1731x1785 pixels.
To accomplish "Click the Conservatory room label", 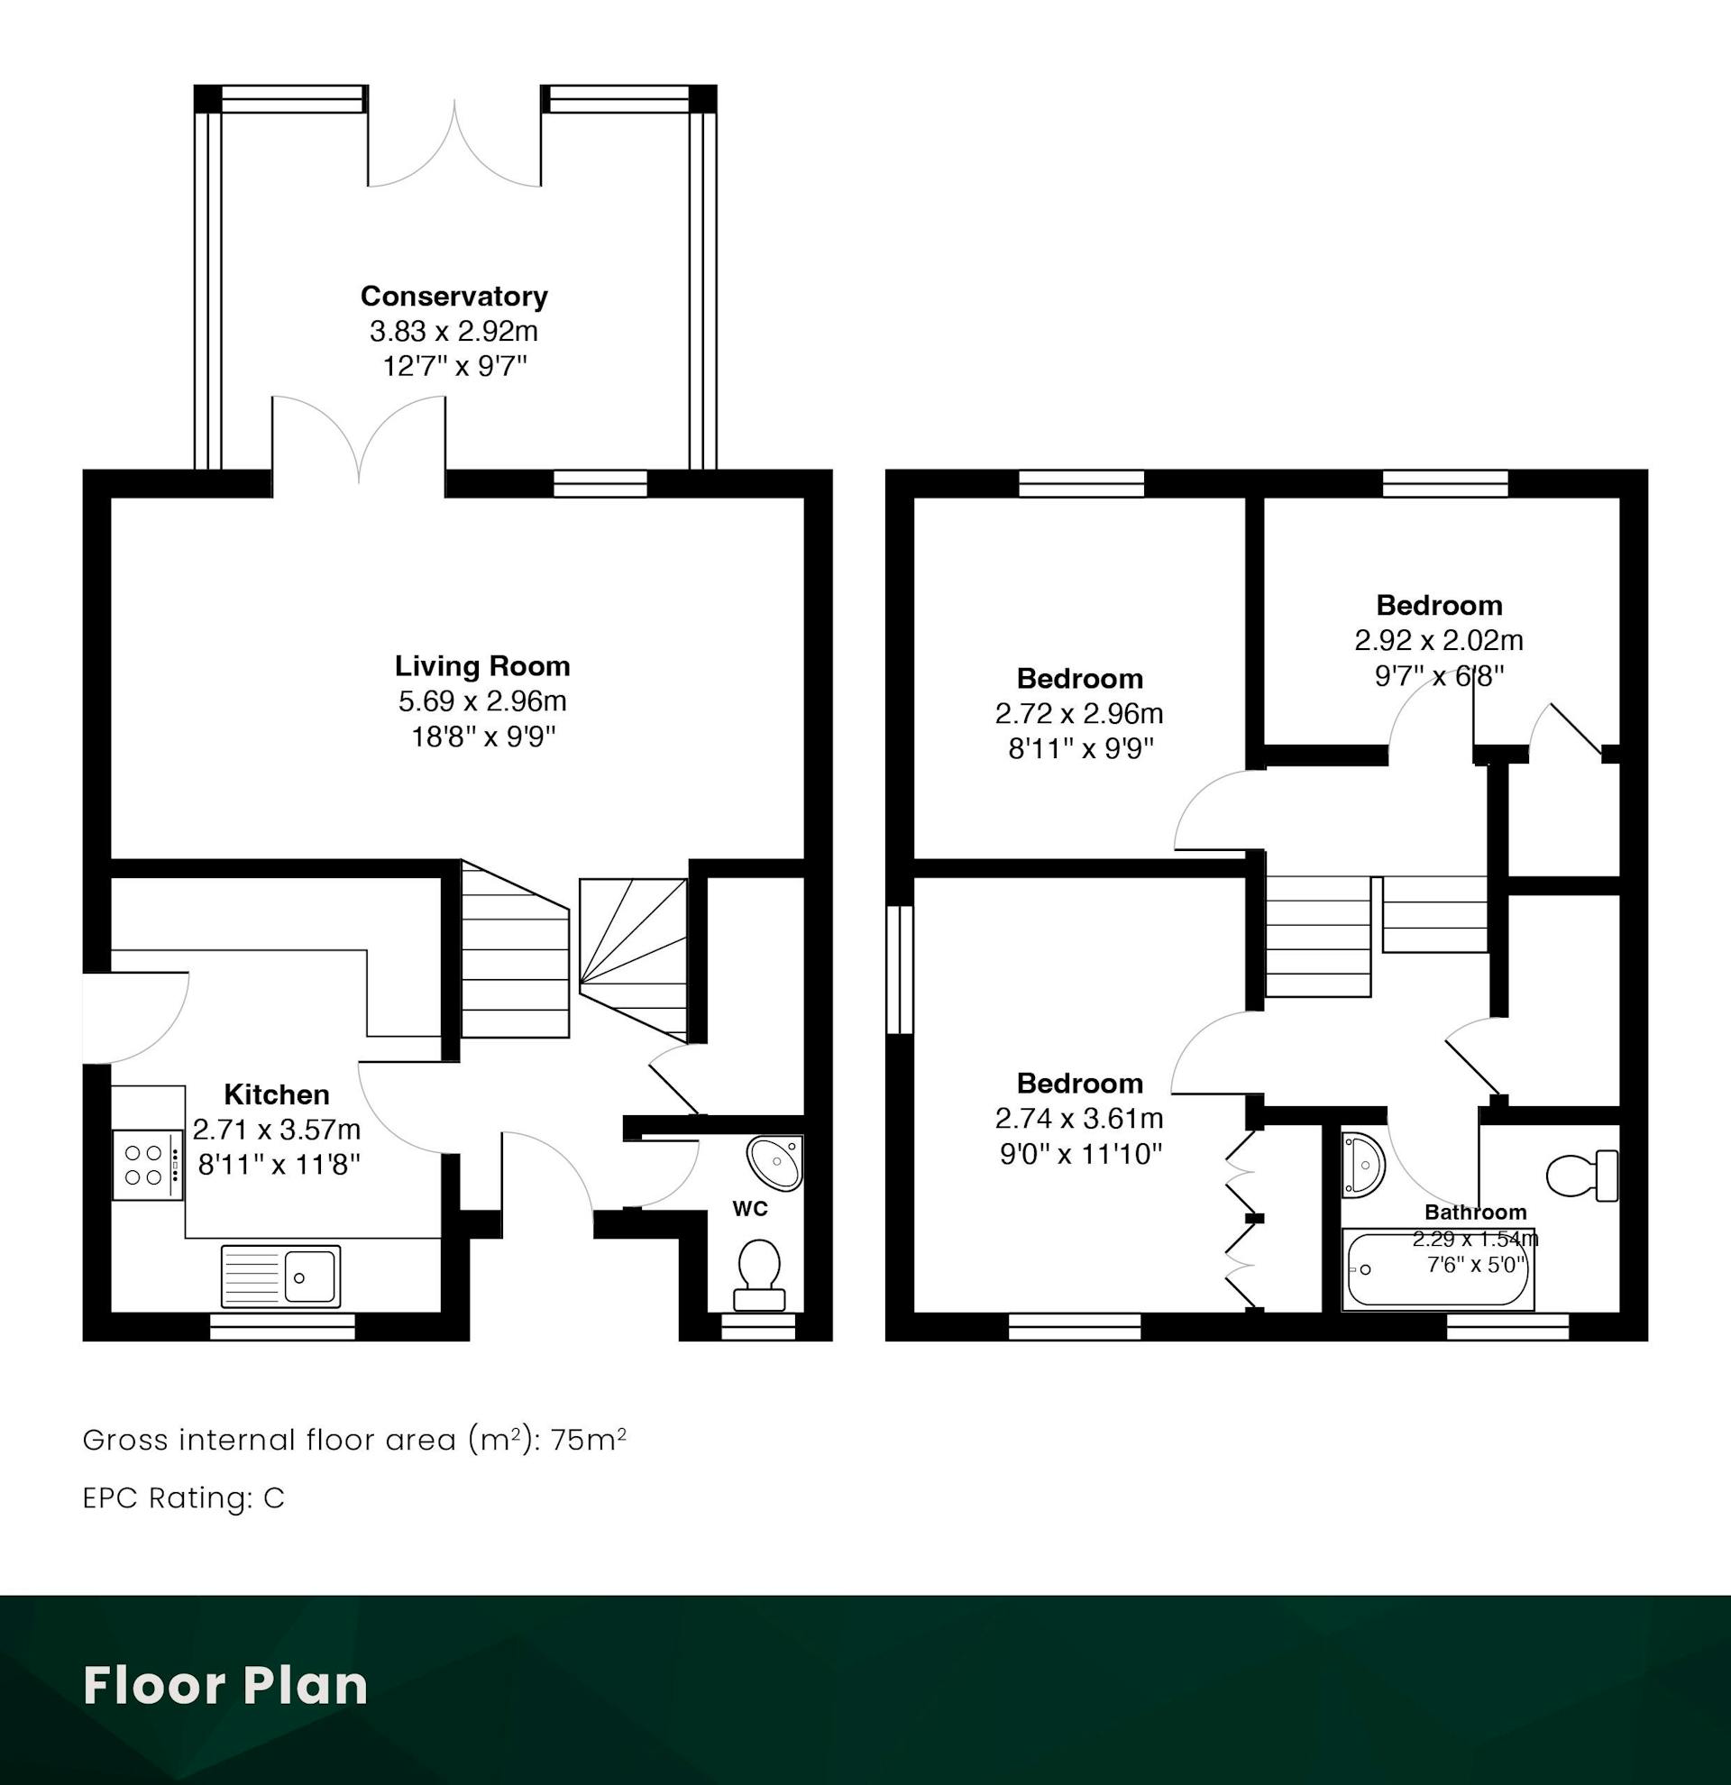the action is pos(453,296).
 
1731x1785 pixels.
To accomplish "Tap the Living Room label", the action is pos(481,665).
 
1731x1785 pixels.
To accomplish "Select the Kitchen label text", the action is pos(277,1094).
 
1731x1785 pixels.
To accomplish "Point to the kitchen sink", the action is pos(280,1276).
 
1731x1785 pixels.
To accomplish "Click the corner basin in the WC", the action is pos(777,1162).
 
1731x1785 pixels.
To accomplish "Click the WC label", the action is pos(750,1209).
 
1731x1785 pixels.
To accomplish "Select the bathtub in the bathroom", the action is pos(1439,1269).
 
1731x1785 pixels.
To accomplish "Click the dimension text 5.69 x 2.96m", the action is pos(481,701).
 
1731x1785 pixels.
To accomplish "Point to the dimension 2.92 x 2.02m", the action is pos(1439,640).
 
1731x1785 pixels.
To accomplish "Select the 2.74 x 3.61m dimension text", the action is pos(1079,1118).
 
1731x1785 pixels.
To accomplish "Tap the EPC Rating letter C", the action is pos(274,1498).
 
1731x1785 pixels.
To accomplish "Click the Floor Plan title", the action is pos(225,1685).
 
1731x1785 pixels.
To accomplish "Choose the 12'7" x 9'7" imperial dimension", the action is pos(453,366).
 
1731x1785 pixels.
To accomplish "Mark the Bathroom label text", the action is pos(1475,1213).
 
